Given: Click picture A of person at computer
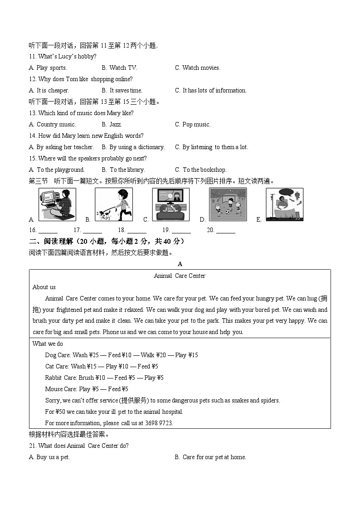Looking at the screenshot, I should (57, 204).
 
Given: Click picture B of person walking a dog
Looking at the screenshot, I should (114, 204).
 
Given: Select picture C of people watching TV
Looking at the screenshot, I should (170, 204).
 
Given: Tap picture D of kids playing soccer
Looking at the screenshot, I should (228, 204).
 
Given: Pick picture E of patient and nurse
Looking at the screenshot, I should (284, 204).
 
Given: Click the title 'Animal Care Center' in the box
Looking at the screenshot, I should (180, 276).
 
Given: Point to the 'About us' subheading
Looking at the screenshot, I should (44, 287).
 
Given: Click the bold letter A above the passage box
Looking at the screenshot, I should (180, 264).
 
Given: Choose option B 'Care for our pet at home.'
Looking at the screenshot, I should (210, 457).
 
